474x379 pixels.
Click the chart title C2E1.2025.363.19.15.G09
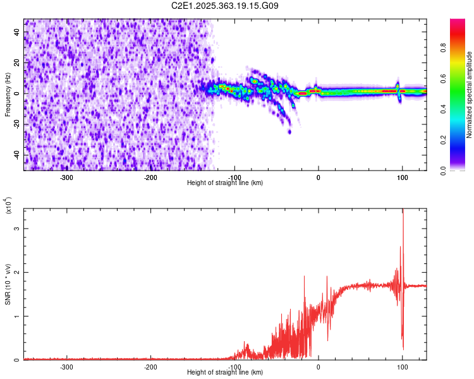click(225, 6)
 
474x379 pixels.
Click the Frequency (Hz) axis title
click(8, 95)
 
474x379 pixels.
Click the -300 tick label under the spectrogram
click(67, 177)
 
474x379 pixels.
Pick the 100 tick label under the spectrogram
click(402, 177)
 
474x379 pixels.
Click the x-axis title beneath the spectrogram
click(225, 183)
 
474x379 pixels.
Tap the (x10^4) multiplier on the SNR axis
click(8, 205)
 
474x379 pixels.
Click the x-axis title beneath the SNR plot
click(225, 373)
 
